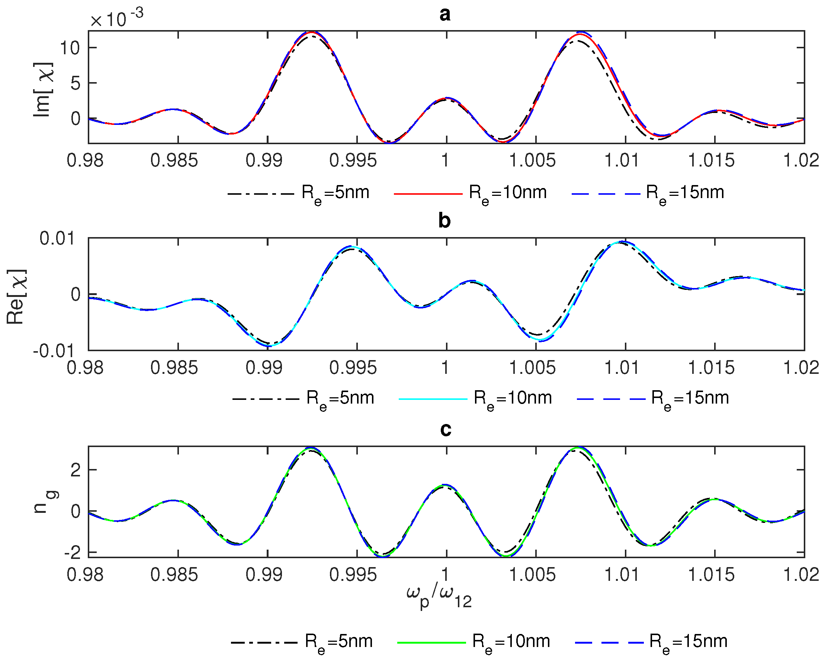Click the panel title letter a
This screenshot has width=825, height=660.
(445, 14)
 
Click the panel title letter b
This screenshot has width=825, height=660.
(444, 221)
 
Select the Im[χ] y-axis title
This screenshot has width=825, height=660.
(43, 89)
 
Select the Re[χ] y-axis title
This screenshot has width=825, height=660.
(16, 297)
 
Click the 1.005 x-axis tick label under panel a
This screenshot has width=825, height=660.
(532, 160)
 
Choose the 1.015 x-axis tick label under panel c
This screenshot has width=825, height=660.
(711, 575)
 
